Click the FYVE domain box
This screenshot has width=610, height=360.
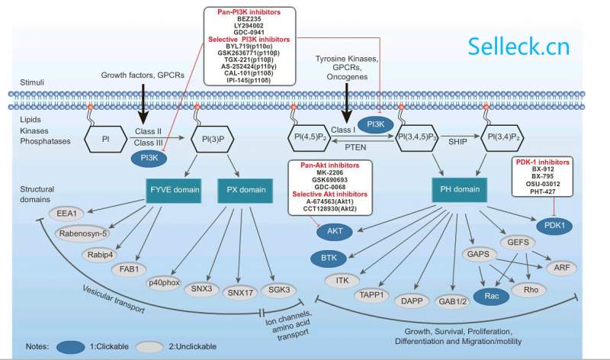click(x=172, y=188)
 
